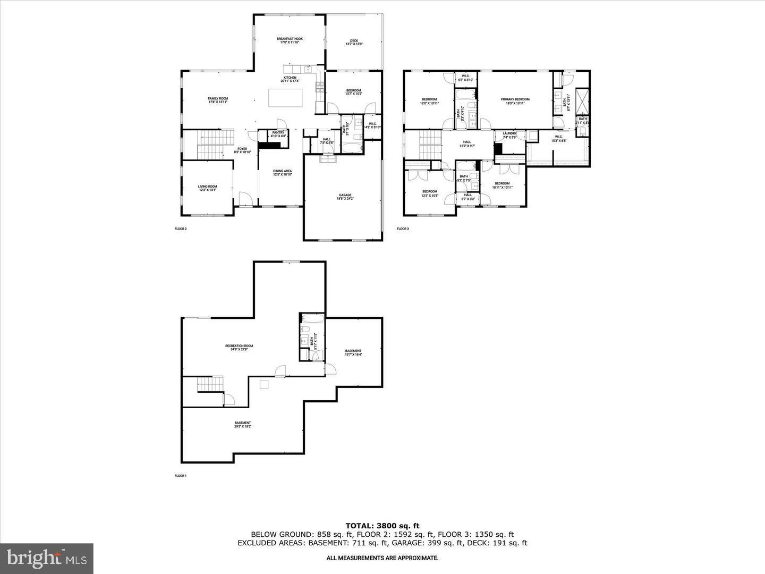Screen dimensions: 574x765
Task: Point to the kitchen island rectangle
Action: point(285,98)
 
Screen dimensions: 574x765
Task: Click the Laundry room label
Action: point(509,135)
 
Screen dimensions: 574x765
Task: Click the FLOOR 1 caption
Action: point(181,476)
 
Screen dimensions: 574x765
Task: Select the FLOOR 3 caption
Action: point(403,229)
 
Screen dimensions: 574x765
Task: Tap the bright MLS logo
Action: point(47,558)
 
